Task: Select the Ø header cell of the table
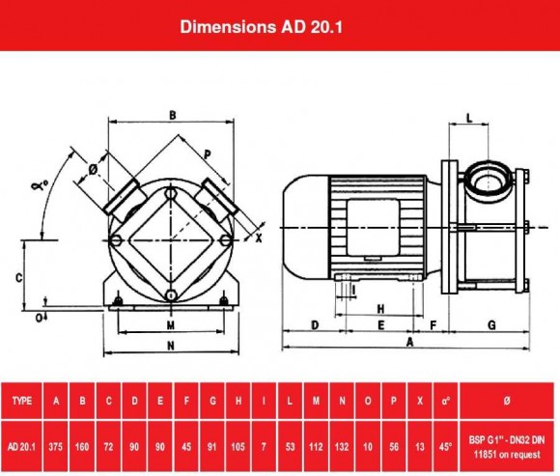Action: pos(509,399)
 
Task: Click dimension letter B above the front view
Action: pos(172,115)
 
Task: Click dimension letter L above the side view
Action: pos(468,117)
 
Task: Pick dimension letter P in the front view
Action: pos(208,153)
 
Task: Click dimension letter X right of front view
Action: pos(259,236)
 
